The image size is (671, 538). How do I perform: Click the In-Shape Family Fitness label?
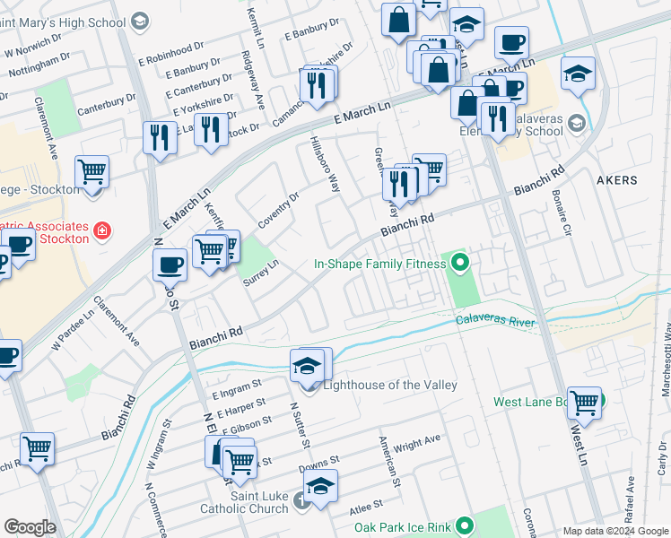pos(379,264)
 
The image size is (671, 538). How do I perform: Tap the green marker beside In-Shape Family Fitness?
pos(460,263)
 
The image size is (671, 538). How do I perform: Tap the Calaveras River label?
pos(495,321)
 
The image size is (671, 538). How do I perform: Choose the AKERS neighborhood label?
pos(616,180)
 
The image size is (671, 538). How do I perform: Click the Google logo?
pos(30,527)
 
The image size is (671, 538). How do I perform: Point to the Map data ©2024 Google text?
pos(614,531)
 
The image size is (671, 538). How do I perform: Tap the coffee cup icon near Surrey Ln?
pos(170,265)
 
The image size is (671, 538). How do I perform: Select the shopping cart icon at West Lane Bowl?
pos(584,403)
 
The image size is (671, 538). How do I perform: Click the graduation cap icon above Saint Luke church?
pos(320,485)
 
